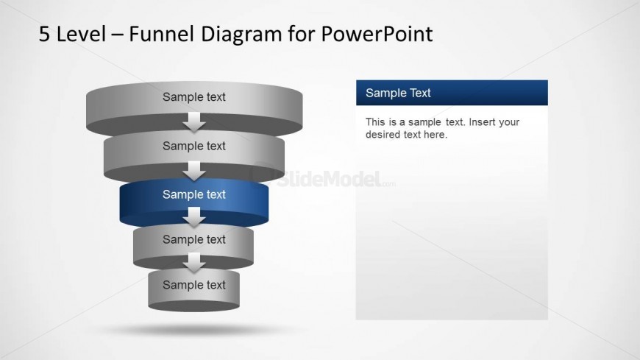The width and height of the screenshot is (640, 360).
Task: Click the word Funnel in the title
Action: tap(158, 34)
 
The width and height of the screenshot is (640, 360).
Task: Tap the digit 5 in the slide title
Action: tap(45, 34)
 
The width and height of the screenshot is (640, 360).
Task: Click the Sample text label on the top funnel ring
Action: tap(194, 97)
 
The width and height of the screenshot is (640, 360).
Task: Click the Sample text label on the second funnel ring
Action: tap(194, 146)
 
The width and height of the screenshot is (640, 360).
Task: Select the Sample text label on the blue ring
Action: tap(194, 194)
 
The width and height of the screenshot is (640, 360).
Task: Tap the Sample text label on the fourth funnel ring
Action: tap(194, 239)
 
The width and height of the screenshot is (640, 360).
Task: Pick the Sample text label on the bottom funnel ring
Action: tap(194, 285)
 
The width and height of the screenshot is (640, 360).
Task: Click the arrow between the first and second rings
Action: tap(194, 121)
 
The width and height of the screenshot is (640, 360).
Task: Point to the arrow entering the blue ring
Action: tap(194, 171)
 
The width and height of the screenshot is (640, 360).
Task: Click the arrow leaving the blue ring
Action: tap(194, 217)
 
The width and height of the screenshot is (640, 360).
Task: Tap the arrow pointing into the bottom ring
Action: tap(194, 262)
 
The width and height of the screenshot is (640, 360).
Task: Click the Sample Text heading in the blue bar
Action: tap(398, 93)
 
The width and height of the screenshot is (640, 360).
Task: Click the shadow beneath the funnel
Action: tap(194, 326)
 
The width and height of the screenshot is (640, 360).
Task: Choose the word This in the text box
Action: tap(375, 122)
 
